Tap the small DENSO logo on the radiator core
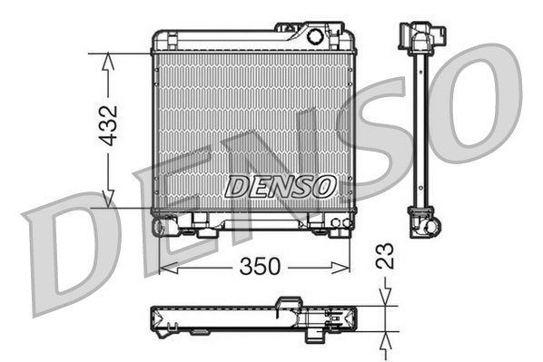point(280,187)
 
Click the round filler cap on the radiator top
point(315,37)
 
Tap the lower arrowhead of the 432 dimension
point(109,201)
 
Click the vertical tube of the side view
point(422,127)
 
